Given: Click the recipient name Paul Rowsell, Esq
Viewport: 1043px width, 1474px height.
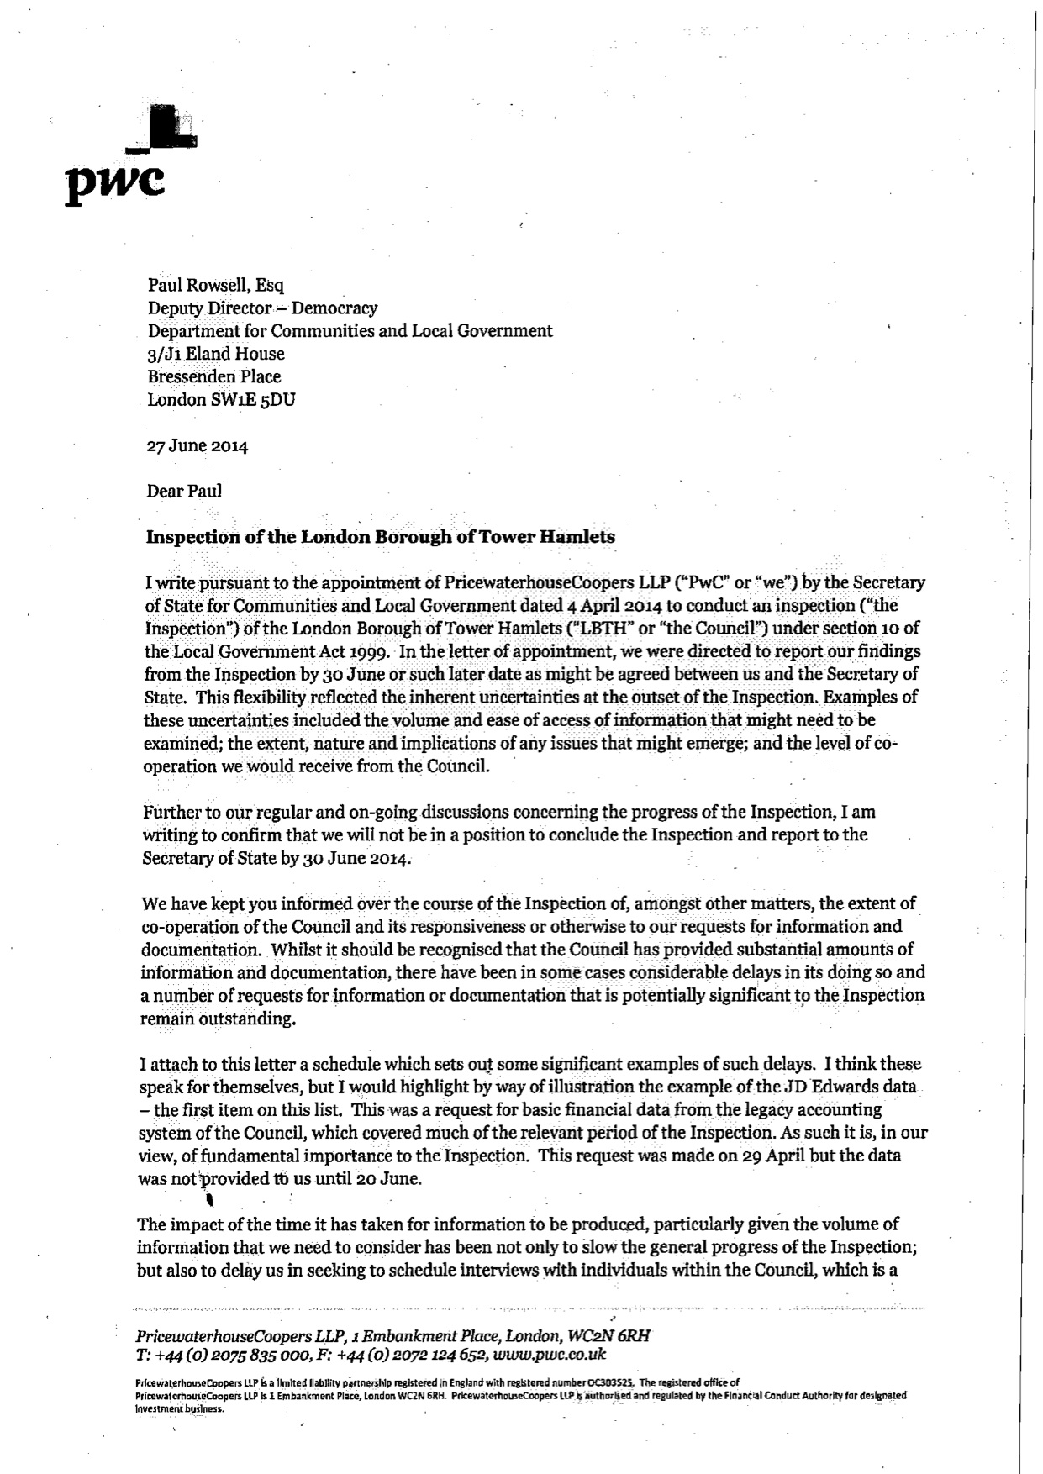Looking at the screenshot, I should click(216, 286).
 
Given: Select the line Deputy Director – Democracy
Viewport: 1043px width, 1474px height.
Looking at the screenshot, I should click(262, 308).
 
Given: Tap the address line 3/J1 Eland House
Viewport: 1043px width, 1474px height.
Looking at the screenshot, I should click(216, 354).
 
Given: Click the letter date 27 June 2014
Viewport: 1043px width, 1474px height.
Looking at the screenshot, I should click(198, 446).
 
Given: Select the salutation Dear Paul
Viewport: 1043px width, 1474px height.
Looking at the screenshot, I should click(184, 491).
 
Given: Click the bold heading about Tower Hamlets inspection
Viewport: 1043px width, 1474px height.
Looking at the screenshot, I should click(380, 537).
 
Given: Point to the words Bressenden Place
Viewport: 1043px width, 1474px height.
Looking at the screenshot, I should click(214, 376).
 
